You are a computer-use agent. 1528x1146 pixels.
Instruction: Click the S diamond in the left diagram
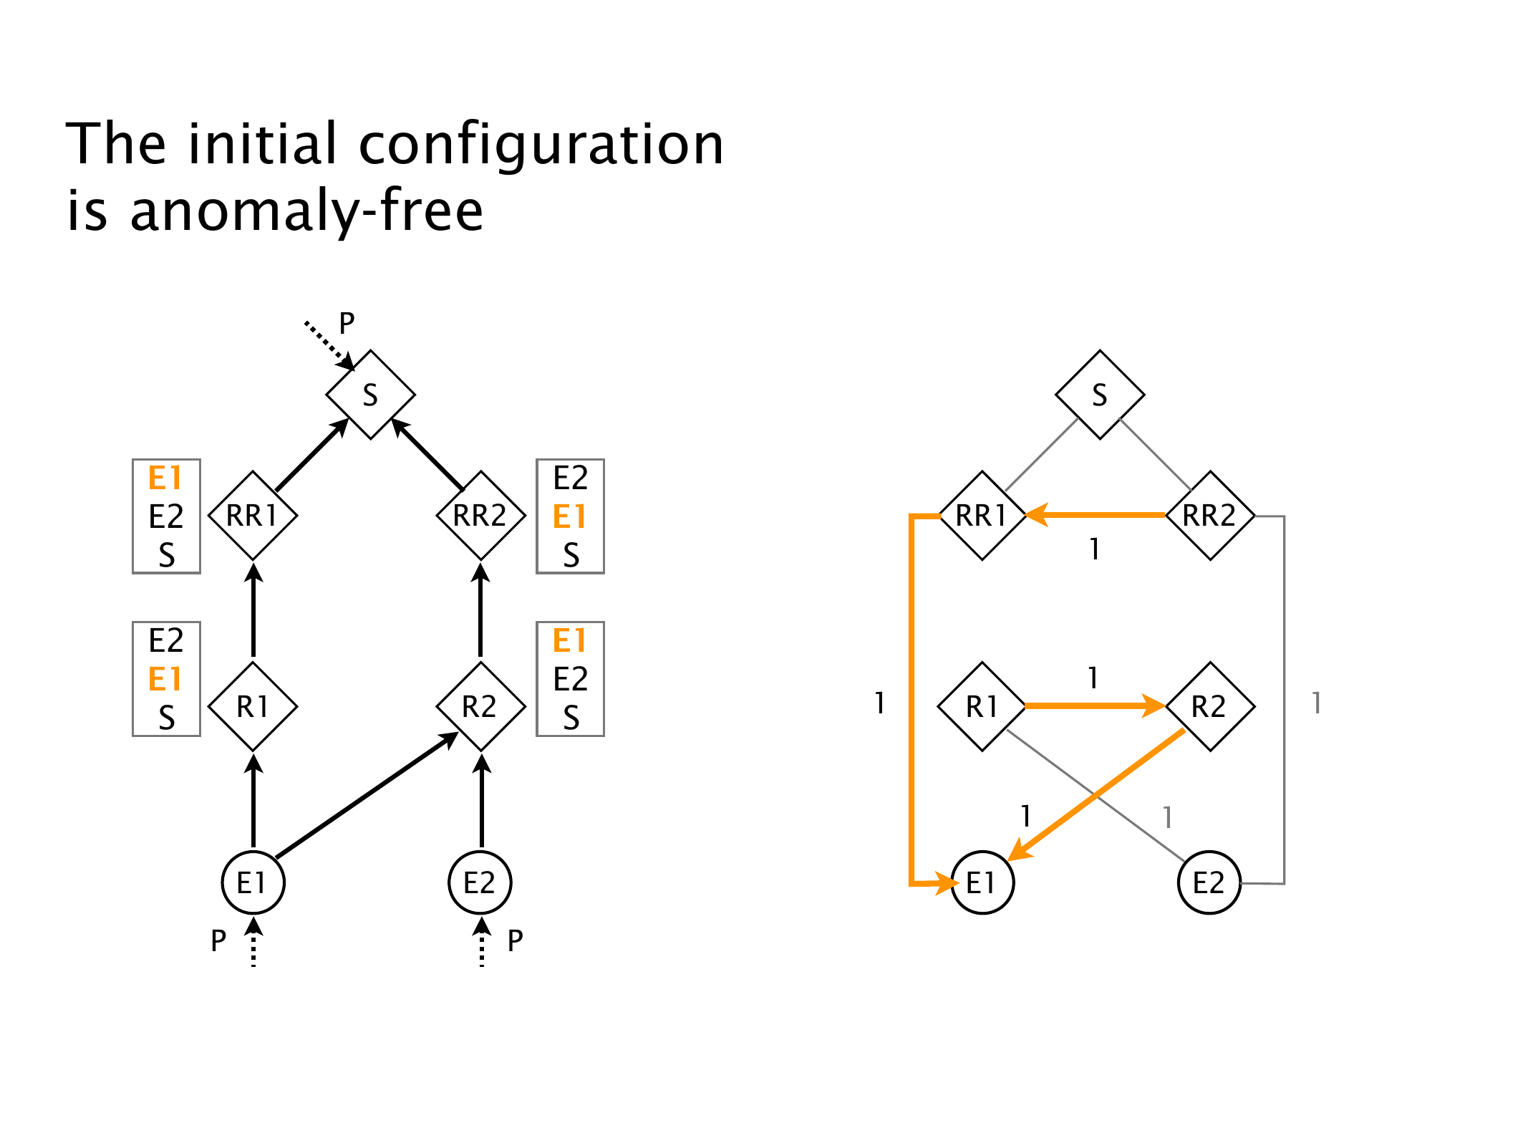[x=370, y=395]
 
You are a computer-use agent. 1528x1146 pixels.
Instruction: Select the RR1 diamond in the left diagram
[x=253, y=516]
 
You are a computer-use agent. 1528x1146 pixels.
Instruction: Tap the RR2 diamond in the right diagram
[x=1210, y=516]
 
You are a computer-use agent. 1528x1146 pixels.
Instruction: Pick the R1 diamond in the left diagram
[x=253, y=707]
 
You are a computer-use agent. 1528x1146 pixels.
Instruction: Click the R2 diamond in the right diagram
[x=1210, y=707]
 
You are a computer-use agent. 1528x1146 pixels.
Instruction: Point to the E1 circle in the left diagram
[x=253, y=882]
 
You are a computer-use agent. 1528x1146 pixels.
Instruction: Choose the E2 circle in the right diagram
[x=1209, y=882]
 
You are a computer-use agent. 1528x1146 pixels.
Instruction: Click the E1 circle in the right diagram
[x=982, y=882]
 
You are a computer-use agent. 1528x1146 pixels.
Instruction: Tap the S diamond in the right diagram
[x=1099, y=395]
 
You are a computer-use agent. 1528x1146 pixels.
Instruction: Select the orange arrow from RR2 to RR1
[x=1096, y=514]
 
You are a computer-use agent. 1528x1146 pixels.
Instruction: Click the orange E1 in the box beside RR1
[x=165, y=478]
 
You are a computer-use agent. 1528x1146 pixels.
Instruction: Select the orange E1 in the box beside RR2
[x=570, y=516]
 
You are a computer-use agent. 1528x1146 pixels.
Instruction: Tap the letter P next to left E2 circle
[x=515, y=940]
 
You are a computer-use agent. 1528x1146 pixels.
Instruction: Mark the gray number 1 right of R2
[x=1316, y=703]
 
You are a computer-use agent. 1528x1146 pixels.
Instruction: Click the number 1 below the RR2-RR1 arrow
[x=1094, y=549]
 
